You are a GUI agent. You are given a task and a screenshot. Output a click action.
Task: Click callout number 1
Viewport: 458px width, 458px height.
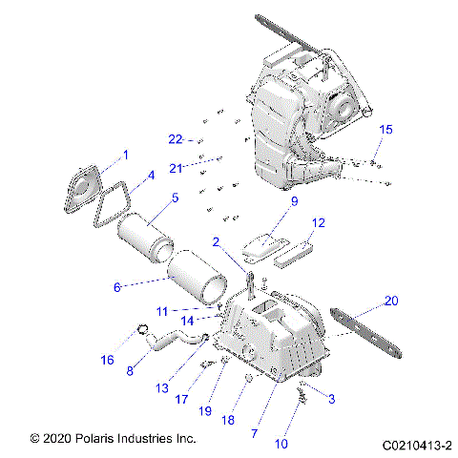click(x=124, y=154)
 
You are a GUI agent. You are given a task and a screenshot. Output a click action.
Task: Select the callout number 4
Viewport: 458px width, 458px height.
click(x=149, y=177)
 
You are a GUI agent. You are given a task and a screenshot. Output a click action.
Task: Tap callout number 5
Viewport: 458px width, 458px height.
click(x=174, y=198)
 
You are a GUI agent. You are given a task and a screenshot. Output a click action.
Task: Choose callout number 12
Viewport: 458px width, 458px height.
click(x=319, y=222)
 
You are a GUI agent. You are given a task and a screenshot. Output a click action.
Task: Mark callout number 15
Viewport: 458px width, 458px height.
click(x=385, y=129)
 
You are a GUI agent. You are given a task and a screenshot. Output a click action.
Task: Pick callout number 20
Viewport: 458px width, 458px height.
click(x=389, y=301)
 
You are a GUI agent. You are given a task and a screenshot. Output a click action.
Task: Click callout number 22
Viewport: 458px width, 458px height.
click(x=175, y=139)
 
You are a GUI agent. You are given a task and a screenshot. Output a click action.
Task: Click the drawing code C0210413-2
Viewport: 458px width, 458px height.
click(x=415, y=445)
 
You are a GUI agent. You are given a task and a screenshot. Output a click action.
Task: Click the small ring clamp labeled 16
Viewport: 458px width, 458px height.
click(x=143, y=332)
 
